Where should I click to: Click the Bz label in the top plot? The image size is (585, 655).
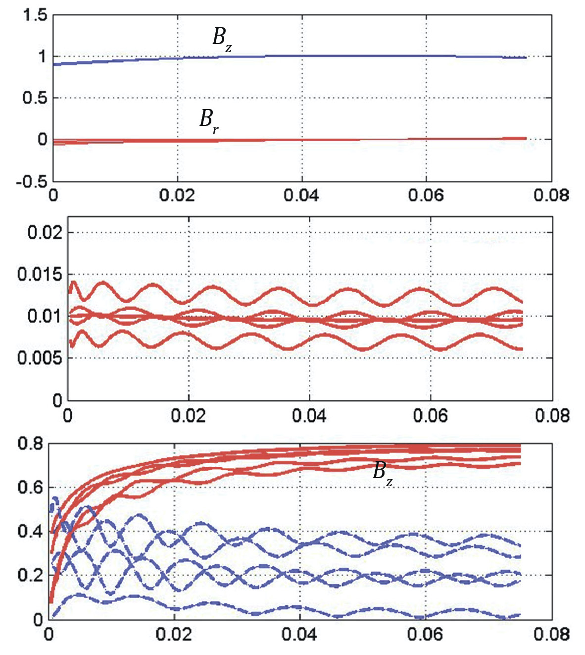221,38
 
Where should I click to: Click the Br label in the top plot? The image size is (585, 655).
208,120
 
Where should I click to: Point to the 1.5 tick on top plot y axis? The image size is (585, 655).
35,15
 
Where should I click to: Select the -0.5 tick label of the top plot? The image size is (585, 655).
31,181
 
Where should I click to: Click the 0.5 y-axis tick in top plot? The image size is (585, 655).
35,98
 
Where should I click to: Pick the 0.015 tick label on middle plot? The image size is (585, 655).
40,274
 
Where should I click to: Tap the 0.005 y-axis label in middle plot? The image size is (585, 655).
40,358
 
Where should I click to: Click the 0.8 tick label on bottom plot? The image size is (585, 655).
31,443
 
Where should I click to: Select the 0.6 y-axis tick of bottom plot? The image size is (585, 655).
31,488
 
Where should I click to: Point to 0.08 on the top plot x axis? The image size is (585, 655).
551,195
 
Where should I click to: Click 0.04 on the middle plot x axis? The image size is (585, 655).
309,415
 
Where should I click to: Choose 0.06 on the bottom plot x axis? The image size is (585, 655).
425,635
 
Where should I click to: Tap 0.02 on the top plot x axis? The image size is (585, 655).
177,195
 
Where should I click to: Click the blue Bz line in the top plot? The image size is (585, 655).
346,55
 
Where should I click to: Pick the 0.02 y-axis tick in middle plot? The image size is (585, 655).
45,232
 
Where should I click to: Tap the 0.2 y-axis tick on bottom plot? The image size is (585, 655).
31,575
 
